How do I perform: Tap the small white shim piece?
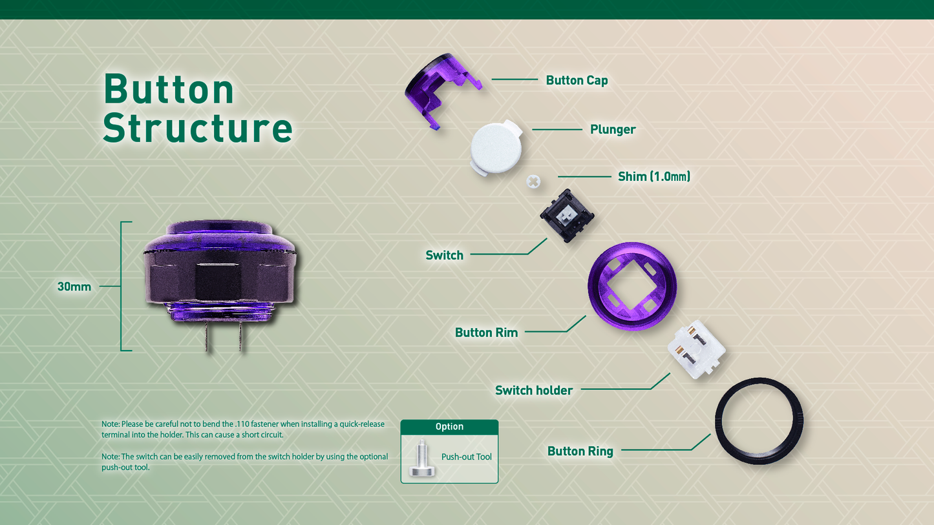[533, 181]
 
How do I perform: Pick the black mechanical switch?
[567, 216]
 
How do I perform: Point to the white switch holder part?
[696, 349]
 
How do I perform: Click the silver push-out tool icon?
[421, 458]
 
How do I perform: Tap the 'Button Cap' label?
[577, 80]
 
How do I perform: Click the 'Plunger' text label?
[613, 129]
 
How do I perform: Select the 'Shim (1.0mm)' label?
[654, 176]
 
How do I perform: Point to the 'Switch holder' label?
[534, 390]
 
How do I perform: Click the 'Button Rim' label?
[486, 333]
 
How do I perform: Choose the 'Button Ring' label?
[580, 451]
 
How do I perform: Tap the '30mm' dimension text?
[74, 286]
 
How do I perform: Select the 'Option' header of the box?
[449, 427]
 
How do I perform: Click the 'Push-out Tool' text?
[467, 457]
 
